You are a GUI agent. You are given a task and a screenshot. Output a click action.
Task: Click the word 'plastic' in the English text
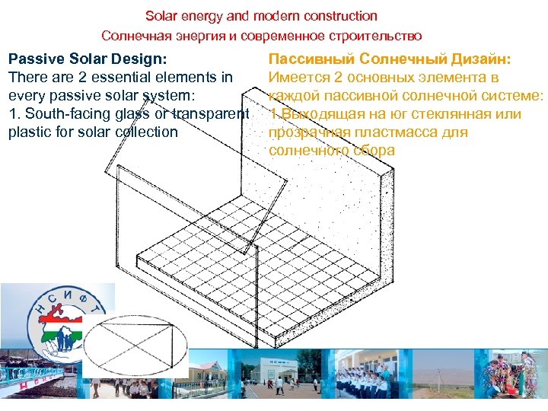click(x=30, y=132)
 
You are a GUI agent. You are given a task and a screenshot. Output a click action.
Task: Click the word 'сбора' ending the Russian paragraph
click(x=373, y=151)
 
